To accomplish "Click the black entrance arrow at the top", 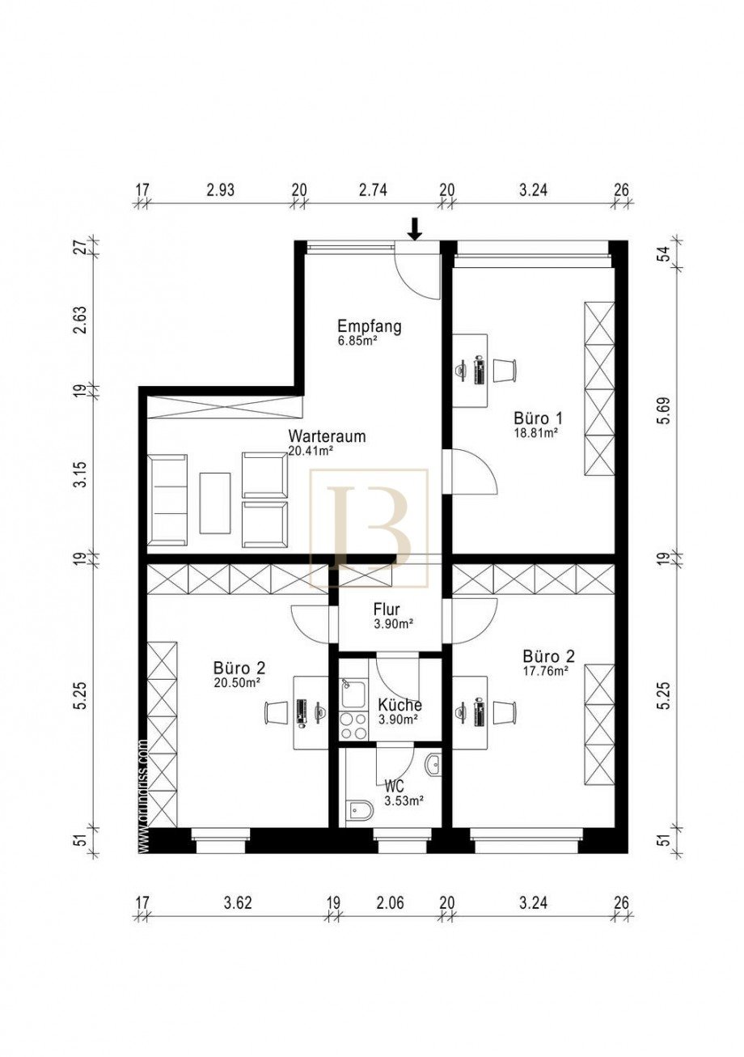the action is click(x=414, y=229).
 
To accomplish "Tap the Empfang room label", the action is click(x=370, y=326).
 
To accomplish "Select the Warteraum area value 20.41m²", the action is click(x=311, y=451).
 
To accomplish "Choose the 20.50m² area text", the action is click(x=239, y=682).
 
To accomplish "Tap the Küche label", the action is click(x=399, y=705).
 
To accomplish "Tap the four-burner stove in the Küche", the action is click(x=353, y=726).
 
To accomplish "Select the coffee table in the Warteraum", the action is click(x=215, y=503).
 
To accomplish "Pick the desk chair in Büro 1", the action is click(x=505, y=370).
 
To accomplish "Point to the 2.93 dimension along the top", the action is click(x=221, y=190).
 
